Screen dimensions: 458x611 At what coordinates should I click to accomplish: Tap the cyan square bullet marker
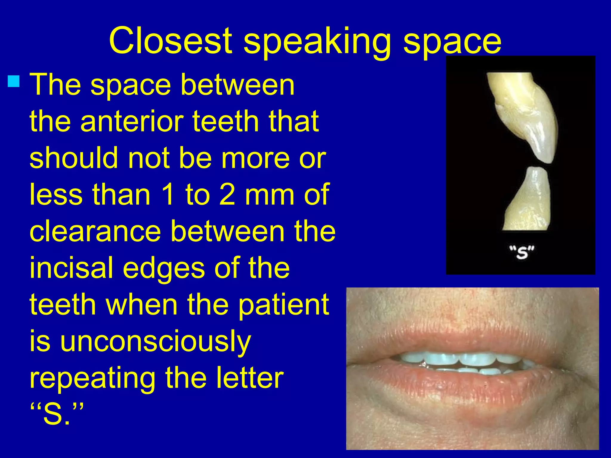tap(14, 81)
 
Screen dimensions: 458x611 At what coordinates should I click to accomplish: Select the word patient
tap(283, 305)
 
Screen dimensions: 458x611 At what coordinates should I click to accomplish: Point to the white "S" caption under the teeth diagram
tap(521, 252)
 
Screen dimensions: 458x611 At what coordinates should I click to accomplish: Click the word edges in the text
tap(164, 268)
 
